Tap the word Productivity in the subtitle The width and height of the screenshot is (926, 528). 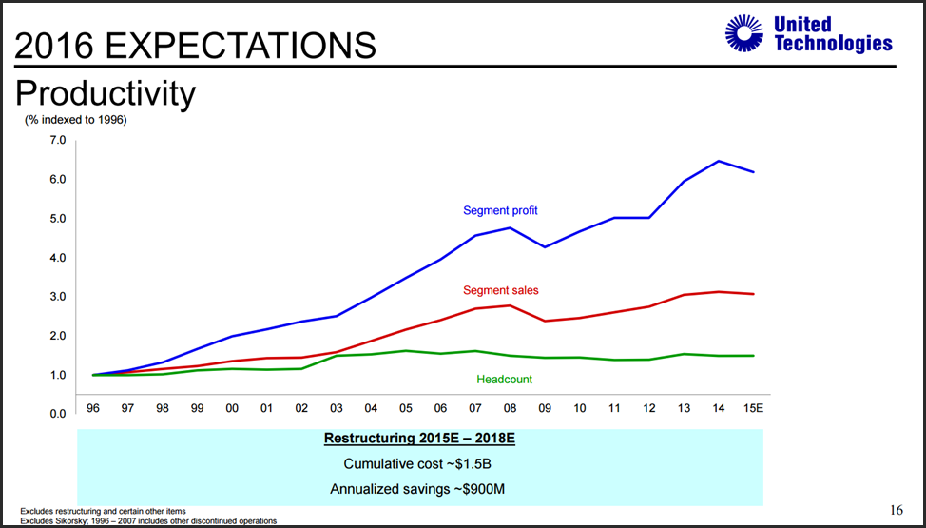tap(106, 93)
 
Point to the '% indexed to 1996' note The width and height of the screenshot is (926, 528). tap(75, 120)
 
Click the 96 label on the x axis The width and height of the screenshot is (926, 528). tap(93, 408)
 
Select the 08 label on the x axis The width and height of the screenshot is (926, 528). tap(510, 408)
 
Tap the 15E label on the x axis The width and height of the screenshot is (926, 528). tap(753, 408)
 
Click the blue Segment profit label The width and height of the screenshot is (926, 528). tap(500, 210)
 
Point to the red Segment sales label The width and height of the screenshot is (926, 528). tap(501, 290)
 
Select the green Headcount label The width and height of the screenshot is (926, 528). tap(504, 380)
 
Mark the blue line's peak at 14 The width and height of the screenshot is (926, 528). tap(719, 161)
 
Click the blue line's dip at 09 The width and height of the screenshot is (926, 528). tap(545, 247)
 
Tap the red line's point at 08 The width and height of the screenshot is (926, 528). tap(511, 305)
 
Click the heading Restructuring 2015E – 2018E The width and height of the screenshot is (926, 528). tap(419, 440)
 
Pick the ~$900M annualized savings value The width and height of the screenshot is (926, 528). tap(473, 489)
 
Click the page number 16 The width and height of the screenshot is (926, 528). tap(897, 511)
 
